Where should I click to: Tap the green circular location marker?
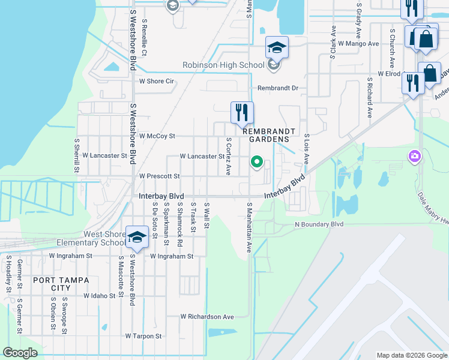coord(257,162)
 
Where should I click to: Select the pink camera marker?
coord(414,157)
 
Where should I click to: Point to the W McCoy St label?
coord(157,136)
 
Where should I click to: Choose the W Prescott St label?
coord(160,176)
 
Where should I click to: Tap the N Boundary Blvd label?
coord(319,224)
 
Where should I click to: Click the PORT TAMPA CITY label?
coord(61,284)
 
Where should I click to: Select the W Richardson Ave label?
coord(207,316)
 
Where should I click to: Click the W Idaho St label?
coord(99,296)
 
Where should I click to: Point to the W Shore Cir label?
coord(156,81)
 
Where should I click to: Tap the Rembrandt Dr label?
coord(278,88)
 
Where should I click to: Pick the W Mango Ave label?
coord(358,44)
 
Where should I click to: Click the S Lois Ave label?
coord(306,149)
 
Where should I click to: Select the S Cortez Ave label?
coord(228,156)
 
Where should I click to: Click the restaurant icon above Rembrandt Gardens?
coord(243,112)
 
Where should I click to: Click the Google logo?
coord(20,352)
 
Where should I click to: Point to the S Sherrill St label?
coord(77,156)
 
